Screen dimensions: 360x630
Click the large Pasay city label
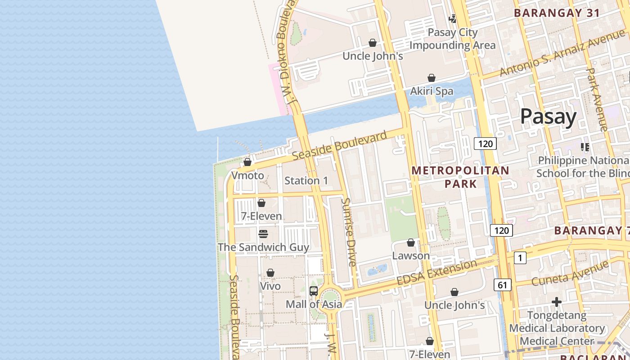coord(548,117)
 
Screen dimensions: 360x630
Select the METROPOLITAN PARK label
coord(460,177)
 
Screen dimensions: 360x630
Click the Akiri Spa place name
coord(432,91)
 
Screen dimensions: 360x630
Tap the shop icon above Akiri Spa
coord(432,78)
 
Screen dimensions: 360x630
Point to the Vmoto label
coord(247,175)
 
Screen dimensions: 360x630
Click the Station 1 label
coord(306,181)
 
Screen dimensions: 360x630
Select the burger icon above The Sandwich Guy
coord(263,234)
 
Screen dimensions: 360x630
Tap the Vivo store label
coord(270,286)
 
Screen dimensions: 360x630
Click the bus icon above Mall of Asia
coord(314,291)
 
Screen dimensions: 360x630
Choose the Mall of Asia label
coord(314,304)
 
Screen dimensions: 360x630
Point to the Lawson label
coord(411,256)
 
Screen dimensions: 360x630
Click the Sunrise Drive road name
coord(349,232)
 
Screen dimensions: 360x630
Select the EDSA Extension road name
coord(436,272)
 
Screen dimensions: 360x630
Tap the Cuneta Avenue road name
coord(570,274)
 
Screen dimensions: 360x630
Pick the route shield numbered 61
coord(502,284)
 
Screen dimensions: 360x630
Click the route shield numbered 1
coord(520,258)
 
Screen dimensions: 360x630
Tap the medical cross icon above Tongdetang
coord(557,302)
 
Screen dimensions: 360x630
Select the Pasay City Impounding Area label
coord(452,39)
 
